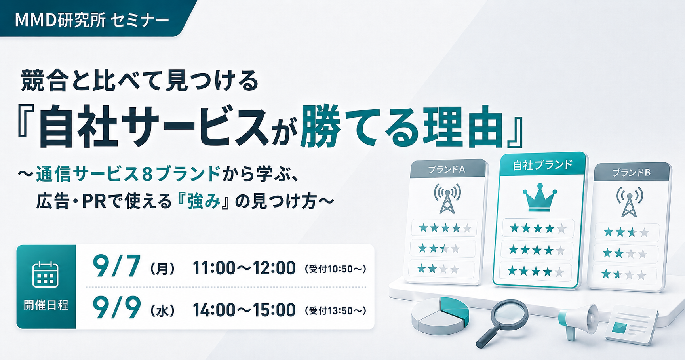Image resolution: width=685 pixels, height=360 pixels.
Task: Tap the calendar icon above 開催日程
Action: click(x=46, y=274)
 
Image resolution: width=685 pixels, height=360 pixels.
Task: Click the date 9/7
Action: click(x=116, y=267)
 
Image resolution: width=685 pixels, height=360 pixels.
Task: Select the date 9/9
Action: click(x=116, y=308)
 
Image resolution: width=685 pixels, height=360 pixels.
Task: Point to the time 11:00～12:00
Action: click(x=244, y=268)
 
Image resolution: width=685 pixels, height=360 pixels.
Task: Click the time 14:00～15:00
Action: click(x=244, y=310)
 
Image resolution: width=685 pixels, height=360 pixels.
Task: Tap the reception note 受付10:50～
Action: click(x=335, y=269)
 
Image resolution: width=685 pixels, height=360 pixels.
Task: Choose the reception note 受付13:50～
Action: click(x=335, y=311)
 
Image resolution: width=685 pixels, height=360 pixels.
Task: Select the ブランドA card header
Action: click(x=447, y=169)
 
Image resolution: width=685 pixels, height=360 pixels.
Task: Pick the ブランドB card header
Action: click(x=632, y=172)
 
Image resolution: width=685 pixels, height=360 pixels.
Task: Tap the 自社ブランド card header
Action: click(x=543, y=165)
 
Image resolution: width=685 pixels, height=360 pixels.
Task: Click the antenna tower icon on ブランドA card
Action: click(x=448, y=198)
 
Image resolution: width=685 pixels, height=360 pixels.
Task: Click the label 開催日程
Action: click(x=46, y=305)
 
